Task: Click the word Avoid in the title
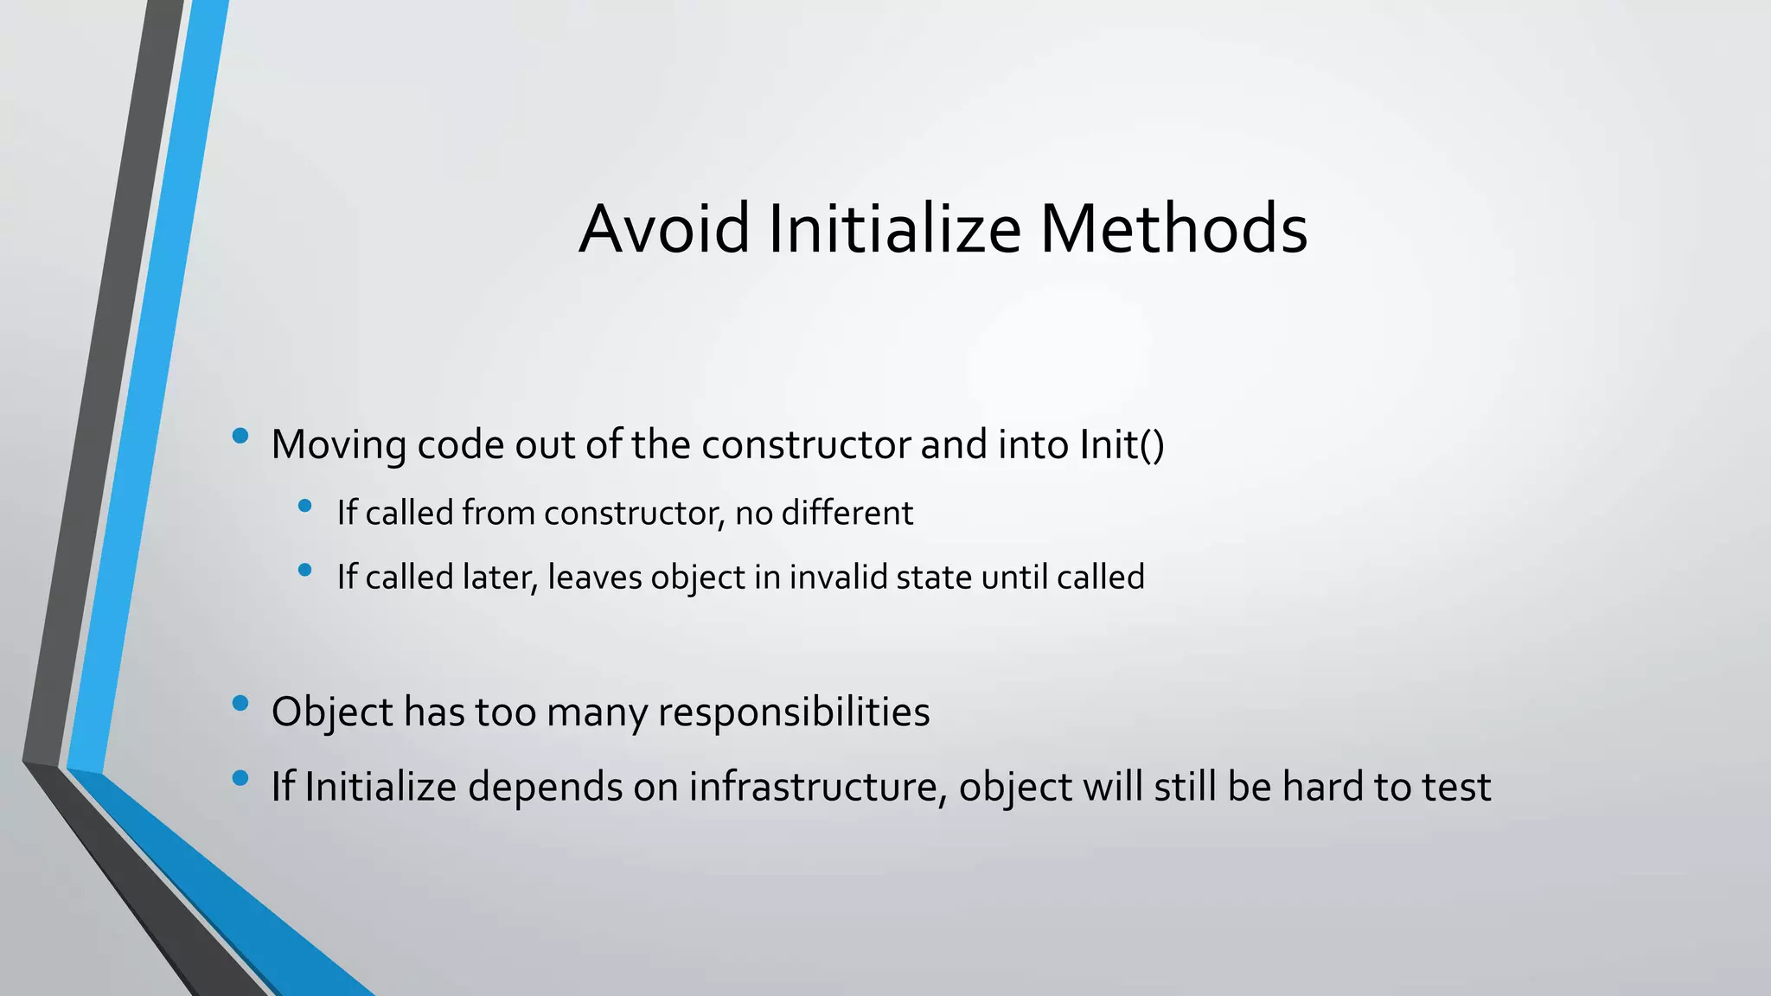click(x=664, y=228)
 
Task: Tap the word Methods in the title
click(x=1173, y=228)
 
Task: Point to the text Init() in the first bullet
click(x=1122, y=445)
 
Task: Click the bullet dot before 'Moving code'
click(x=240, y=436)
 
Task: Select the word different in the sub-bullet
click(x=847, y=514)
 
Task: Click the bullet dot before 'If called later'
click(x=304, y=570)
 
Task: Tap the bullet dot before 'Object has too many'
click(x=240, y=703)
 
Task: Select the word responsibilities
click(x=793, y=712)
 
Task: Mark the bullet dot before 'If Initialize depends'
click(x=240, y=778)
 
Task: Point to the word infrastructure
click(x=812, y=787)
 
